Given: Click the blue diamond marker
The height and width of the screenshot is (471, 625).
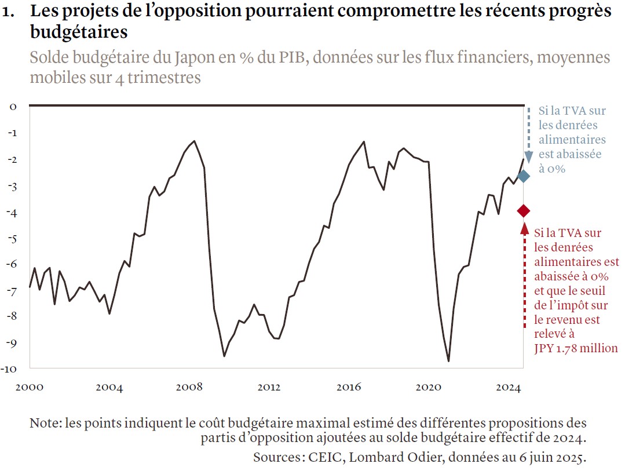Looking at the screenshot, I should click(x=523, y=176).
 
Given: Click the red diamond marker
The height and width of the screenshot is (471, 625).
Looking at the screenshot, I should click(x=524, y=210).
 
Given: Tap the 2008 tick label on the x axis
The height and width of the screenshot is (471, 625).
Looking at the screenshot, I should click(x=189, y=387).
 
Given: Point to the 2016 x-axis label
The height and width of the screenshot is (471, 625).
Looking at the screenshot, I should click(x=349, y=387).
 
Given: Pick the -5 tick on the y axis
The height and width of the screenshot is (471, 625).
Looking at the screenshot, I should click(x=12, y=238).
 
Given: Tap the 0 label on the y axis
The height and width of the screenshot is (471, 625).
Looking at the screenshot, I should click(x=12, y=107).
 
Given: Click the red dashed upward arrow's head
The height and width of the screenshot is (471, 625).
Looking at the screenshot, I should click(x=525, y=228).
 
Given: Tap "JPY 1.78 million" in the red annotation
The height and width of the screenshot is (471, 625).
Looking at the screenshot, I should click(x=576, y=348).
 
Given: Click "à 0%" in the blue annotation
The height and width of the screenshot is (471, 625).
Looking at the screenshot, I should click(x=552, y=169).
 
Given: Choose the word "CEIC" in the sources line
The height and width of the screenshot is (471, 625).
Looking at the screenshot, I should click(x=321, y=457).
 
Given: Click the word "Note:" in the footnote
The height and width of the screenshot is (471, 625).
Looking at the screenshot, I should click(x=46, y=423).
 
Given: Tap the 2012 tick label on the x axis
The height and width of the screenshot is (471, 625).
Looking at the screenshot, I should click(x=269, y=387).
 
